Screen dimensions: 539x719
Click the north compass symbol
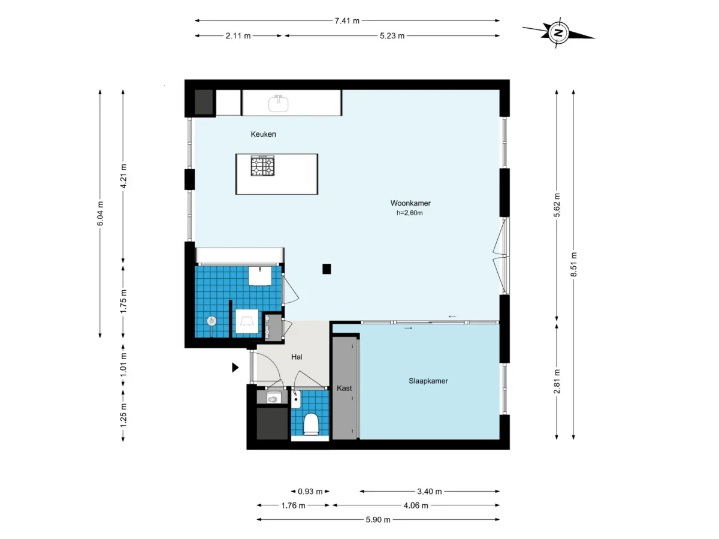558,32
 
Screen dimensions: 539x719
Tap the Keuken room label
264,134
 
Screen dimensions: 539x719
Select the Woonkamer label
410,203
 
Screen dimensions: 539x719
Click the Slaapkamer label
428,381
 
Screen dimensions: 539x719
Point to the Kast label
345,388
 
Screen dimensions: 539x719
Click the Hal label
297,357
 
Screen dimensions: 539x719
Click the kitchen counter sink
279,103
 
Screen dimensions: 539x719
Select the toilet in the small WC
311,424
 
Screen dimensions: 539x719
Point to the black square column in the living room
327,269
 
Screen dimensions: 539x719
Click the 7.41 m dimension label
348,20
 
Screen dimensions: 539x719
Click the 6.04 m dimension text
100,213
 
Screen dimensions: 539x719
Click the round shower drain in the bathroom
212,321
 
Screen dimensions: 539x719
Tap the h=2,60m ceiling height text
410,213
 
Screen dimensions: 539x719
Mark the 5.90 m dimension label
378,520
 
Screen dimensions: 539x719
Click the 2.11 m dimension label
238,35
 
